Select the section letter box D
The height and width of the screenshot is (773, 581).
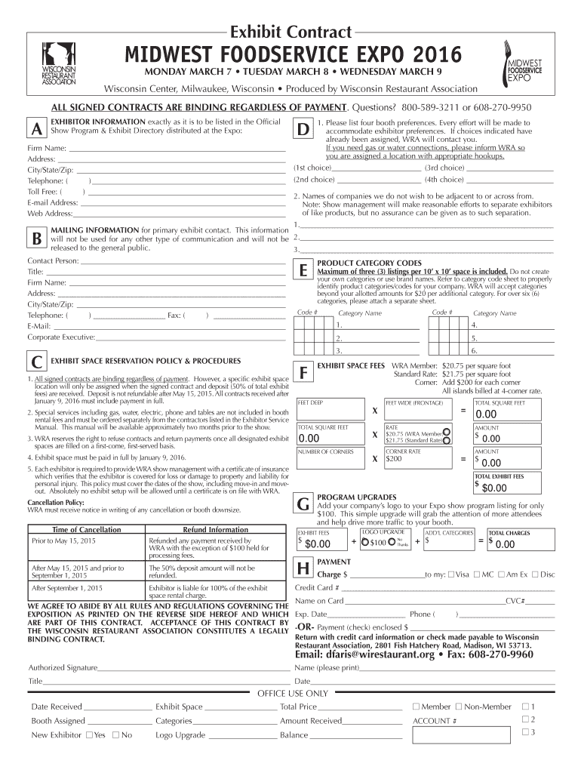pyautogui.click(x=303, y=129)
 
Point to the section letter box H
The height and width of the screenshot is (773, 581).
pyautogui.click(x=304, y=568)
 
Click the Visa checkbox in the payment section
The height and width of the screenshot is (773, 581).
pyautogui.click(x=451, y=574)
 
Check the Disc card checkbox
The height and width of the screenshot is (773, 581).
pyautogui.click(x=535, y=574)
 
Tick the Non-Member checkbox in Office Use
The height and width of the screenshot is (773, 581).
pyautogui.click(x=459, y=707)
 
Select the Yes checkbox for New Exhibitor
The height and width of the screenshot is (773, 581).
pyautogui.click(x=90, y=735)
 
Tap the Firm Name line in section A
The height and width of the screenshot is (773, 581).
pyautogui.click(x=174, y=149)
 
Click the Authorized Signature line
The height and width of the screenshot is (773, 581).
pyautogui.click(x=192, y=668)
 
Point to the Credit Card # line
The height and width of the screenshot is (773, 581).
pyautogui.click(x=448, y=588)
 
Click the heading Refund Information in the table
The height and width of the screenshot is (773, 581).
pyautogui.click(x=215, y=530)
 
